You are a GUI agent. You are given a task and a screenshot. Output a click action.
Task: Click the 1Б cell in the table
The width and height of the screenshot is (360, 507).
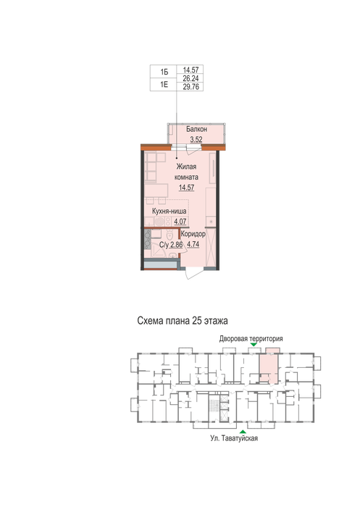pyautogui.click(x=164, y=72)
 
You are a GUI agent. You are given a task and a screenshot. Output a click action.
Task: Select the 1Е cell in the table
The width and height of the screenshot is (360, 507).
pyautogui.click(x=164, y=85)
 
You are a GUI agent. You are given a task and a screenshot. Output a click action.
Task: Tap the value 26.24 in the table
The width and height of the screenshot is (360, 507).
pyautogui.click(x=191, y=78)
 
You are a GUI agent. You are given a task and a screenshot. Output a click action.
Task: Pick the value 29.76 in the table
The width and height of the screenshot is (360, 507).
pyautogui.click(x=191, y=87)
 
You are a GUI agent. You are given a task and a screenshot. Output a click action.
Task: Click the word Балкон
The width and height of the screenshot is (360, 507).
pyautogui.click(x=196, y=129)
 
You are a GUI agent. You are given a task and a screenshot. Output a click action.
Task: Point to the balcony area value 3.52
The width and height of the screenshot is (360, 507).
pyautogui.click(x=196, y=140)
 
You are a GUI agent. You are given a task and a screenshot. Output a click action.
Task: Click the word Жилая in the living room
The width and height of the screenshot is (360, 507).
pyautogui.click(x=186, y=167)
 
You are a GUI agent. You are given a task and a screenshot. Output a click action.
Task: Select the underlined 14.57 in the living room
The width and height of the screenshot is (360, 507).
pyautogui.click(x=187, y=188)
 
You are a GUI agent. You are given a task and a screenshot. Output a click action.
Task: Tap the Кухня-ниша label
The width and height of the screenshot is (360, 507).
pyautogui.click(x=169, y=211)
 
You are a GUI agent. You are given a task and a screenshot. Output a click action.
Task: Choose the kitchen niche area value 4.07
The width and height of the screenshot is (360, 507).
pyautogui.click(x=180, y=222)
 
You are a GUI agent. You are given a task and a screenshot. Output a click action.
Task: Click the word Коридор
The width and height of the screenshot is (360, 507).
pyautogui.click(x=193, y=234)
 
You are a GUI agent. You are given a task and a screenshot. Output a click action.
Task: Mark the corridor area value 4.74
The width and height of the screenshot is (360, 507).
pyautogui.click(x=193, y=245)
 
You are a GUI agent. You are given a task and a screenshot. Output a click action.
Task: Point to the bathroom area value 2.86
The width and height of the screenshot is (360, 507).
pyautogui.click(x=177, y=245)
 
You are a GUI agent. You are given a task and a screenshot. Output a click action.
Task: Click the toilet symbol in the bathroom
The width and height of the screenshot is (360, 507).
pyautogui.click(x=169, y=235)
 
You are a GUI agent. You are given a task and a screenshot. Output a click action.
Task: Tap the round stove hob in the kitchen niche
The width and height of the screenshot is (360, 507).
pyautogui.click(x=159, y=222)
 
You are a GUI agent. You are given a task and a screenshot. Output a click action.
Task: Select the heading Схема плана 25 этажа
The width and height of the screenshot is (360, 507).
pyautogui.click(x=183, y=321)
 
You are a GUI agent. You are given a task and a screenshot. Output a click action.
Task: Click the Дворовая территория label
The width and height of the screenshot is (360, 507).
pyautogui.click(x=251, y=338)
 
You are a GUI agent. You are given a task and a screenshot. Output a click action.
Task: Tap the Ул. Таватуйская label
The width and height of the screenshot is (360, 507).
pyautogui.click(x=234, y=438)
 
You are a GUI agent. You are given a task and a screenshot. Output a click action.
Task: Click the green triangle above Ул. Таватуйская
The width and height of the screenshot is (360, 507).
pyautogui.click(x=243, y=432)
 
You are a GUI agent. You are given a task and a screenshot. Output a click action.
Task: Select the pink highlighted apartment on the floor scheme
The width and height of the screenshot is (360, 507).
pyautogui.click(x=269, y=367)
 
